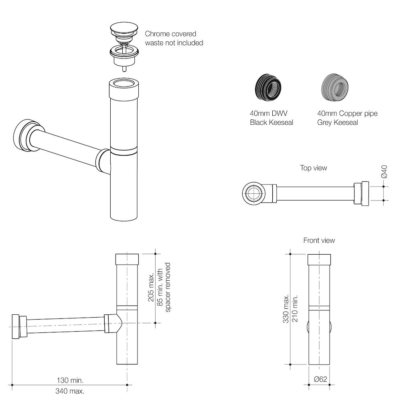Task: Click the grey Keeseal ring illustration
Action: click(x=335, y=87)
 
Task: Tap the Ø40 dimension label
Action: click(x=384, y=172)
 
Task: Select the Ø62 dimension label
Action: click(x=320, y=379)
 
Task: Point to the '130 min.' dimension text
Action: click(x=70, y=380)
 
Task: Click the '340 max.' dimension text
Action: click(x=70, y=391)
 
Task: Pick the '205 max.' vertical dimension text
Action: click(x=151, y=287)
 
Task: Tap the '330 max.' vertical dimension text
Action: click(x=286, y=308)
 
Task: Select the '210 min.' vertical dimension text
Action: click(x=295, y=308)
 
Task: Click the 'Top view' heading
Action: click(x=313, y=168)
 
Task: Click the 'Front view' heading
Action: click(x=319, y=240)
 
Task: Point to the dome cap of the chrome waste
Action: click(x=124, y=28)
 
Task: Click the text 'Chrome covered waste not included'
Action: click(x=174, y=38)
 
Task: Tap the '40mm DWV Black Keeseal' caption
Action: click(x=271, y=118)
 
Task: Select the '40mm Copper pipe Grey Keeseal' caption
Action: click(x=347, y=118)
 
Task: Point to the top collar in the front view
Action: click(x=319, y=259)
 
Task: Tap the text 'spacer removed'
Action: click(x=168, y=287)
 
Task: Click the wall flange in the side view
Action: click(x=16, y=327)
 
